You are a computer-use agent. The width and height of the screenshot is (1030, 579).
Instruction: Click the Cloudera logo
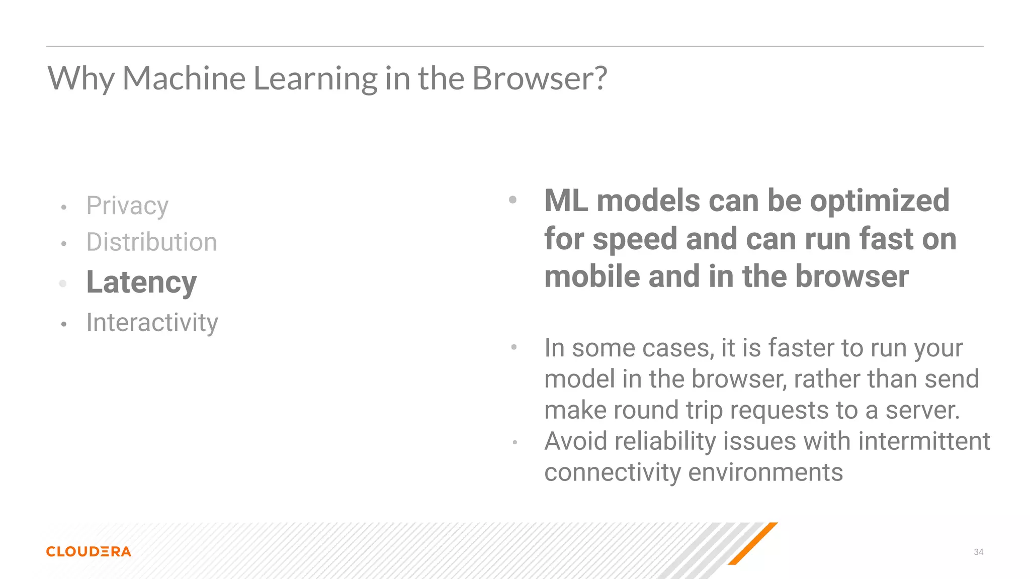click(x=89, y=551)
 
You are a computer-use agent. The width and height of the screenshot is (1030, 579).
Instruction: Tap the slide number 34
click(x=978, y=552)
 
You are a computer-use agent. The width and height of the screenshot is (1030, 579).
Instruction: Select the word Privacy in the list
click(x=127, y=206)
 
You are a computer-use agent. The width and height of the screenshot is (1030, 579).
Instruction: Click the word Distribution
click(x=151, y=242)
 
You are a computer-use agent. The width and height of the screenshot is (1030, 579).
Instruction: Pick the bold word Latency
click(x=141, y=282)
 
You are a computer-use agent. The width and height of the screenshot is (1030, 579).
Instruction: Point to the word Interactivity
click(x=152, y=323)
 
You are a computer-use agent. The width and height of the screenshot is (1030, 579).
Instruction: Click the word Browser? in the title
click(x=540, y=78)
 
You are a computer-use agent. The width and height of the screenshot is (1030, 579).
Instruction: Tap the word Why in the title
click(x=81, y=78)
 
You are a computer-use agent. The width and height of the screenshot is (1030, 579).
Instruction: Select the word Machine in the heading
click(x=184, y=78)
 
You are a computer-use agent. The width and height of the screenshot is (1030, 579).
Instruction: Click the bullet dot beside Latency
click(x=63, y=283)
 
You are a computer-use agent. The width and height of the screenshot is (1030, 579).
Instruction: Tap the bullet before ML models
click(x=512, y=200)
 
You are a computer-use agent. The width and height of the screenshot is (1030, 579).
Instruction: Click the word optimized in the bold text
click(x=880, y=201)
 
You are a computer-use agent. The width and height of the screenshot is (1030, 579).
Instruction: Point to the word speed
click(x=635, y=239)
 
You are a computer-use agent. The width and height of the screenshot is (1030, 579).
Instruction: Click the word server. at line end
click(x=922, y=410)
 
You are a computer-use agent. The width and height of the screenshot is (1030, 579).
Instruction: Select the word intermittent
click(x=924, y=441)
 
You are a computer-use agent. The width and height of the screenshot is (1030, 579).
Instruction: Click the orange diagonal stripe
click(x=753, y=543)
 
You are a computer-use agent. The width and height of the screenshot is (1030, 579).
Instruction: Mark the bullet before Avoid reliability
click(x=514, y=442)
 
